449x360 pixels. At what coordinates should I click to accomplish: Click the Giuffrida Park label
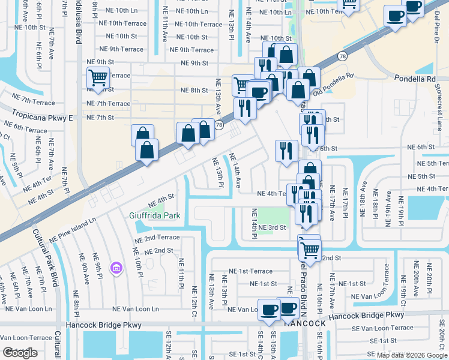tap(155, 215)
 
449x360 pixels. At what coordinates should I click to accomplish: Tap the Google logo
tap(20, 353)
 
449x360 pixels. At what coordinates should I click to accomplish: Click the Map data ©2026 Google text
tap(411, 355)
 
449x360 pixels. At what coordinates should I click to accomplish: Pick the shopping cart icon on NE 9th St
tap(98, 77)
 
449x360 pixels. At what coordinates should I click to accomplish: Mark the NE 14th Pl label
tap(254, 223)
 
